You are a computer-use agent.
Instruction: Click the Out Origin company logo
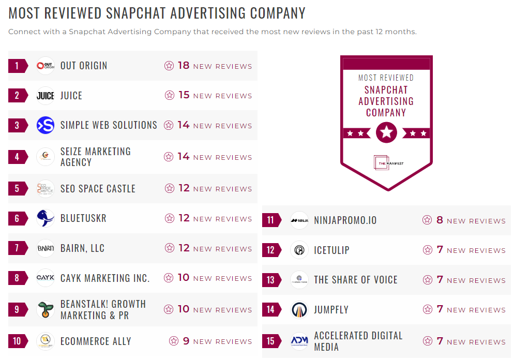click(46, 66)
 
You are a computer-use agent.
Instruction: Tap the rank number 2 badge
click(17, 96)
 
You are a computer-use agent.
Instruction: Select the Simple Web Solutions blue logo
click(46, 125)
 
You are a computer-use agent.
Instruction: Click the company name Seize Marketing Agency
click(96, 157)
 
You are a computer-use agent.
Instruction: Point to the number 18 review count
click(184, 66)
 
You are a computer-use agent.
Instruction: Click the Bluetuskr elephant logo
click(46, 218)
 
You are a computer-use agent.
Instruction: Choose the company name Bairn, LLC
click(82, 248)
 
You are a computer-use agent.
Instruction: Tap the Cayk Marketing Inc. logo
click(46, 278)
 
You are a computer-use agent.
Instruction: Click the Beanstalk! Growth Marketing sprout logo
click(46, 309)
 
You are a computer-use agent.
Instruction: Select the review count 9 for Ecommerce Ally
click(186, 341)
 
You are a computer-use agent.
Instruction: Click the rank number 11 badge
click(271, 220)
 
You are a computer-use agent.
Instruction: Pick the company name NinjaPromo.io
click(345, 220)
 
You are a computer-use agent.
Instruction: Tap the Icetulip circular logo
click(299, 250)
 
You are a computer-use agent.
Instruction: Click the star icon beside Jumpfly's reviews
click(427, 309)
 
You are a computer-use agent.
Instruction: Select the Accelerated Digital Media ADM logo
click(299, 341)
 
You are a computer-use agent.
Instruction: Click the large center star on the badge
click(386, 133)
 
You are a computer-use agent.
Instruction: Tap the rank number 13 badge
click(271, 280)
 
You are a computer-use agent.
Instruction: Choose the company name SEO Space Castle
click(98, 189)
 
